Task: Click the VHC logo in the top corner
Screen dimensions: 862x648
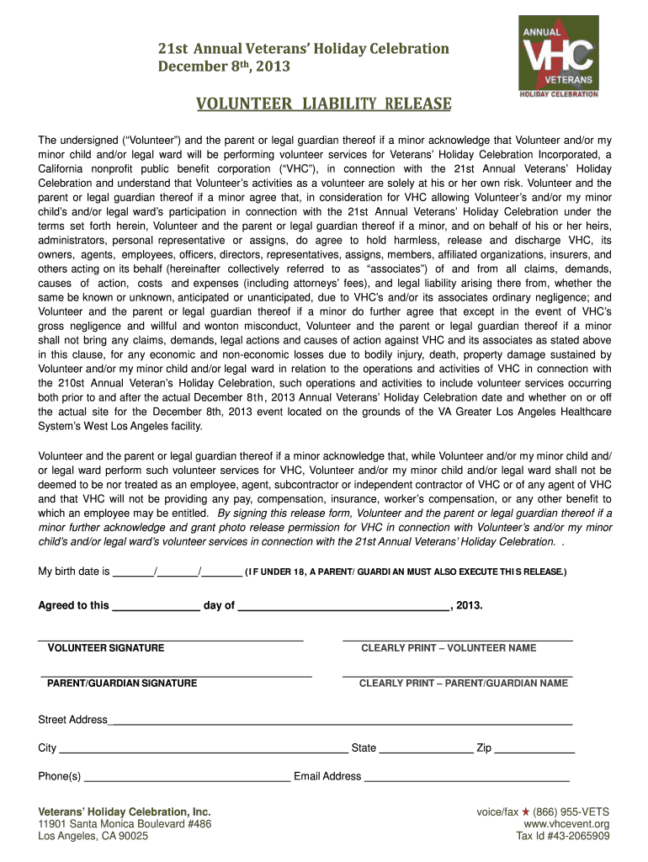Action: click(x=559, y=57)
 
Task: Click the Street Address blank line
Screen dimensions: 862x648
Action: click(x=340, y=720)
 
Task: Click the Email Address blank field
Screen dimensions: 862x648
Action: click(x=466, y=776)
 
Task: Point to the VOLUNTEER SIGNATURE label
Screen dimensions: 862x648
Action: click(x=106, y=648)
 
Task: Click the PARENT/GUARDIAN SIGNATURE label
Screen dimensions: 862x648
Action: click(x=122, y=684)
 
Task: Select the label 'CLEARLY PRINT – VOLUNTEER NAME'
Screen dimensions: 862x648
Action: click(x=449, y=648)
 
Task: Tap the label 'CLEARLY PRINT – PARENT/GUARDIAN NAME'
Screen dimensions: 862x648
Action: click(x=464, y=684)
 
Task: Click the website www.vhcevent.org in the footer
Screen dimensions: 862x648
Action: click(x=566, y=824)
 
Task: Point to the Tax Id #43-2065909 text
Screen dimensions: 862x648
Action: click(x=563, y=837)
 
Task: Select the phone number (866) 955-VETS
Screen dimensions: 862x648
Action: click(x=571, y=811)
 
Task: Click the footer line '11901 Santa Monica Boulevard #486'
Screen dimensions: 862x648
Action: click(x=125, y=824)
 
